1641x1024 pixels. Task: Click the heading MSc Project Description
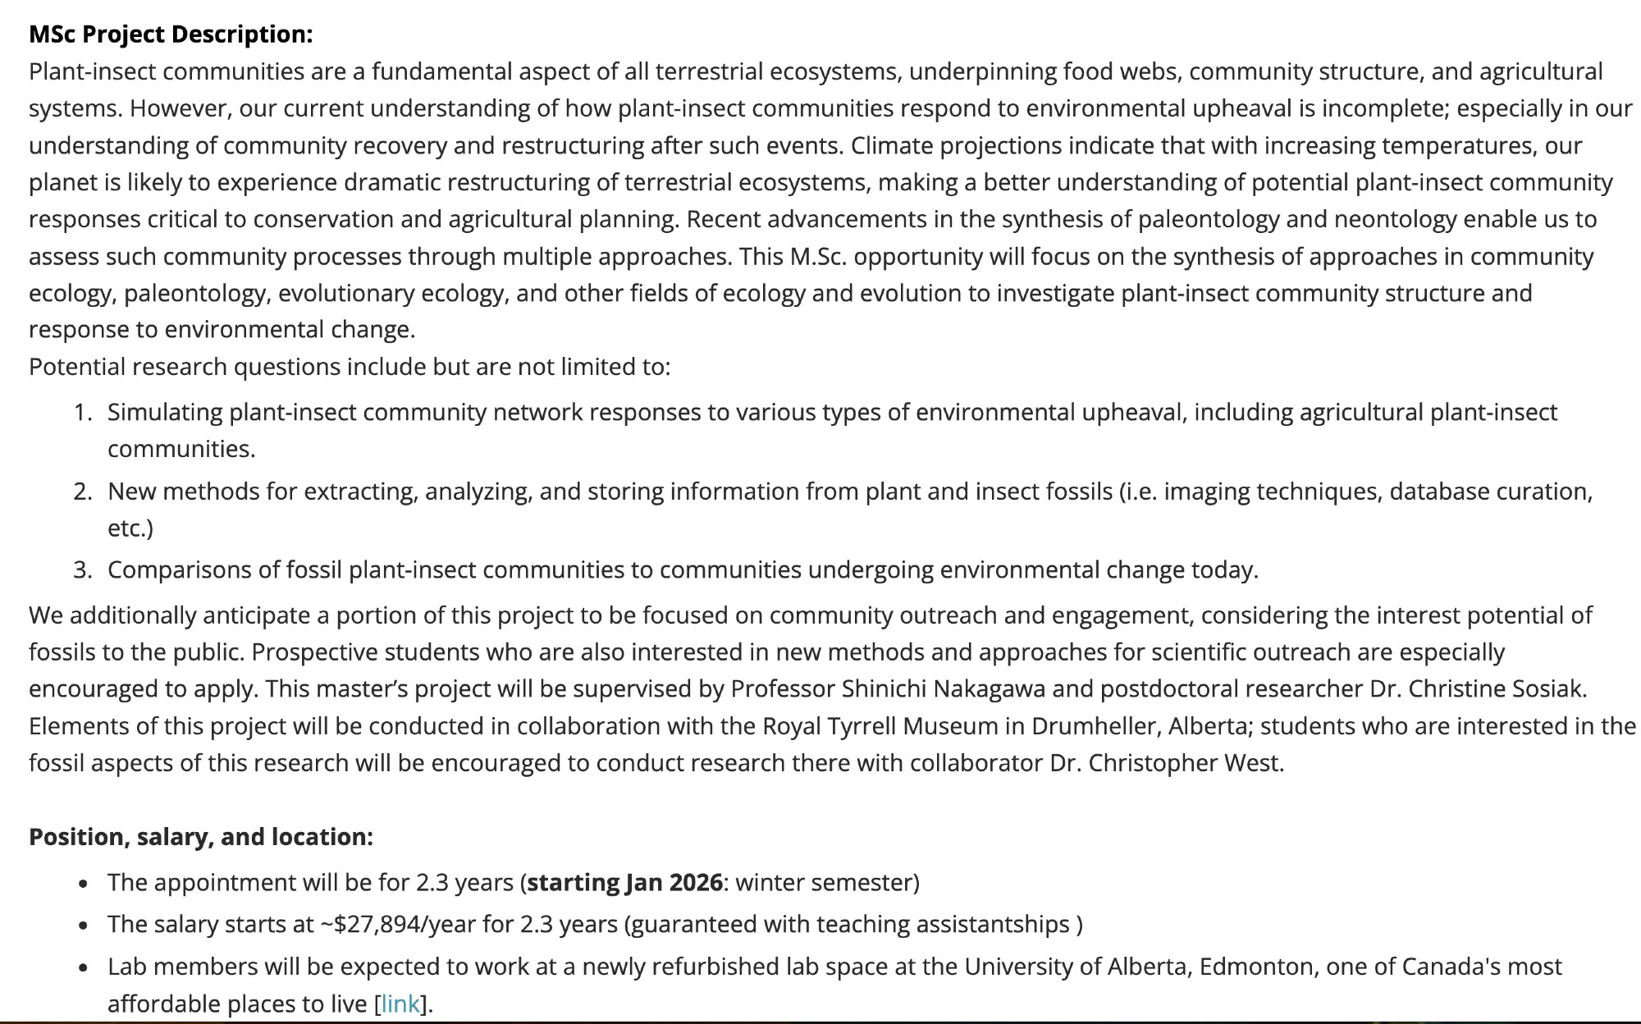coord(171,34)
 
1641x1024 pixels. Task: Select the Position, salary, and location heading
coord(201,837)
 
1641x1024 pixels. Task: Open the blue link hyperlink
coord(400,1003)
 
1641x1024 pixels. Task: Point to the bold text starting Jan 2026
coord(625,883)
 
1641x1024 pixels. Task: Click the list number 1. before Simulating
coord(83,412)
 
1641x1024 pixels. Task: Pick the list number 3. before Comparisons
coord(83,569)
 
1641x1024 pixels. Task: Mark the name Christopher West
coord(1185,763)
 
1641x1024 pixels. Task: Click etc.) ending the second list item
coord(130,528)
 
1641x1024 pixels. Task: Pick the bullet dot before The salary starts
coord(84,926)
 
